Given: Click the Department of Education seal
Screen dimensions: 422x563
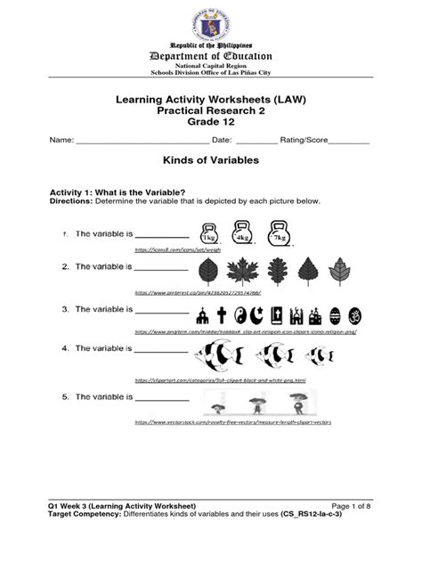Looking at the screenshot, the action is (x=210, y=20).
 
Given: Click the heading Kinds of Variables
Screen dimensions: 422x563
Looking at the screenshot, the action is (x=209, y=161).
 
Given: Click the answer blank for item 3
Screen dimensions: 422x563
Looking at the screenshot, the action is (x=160, y=313).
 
